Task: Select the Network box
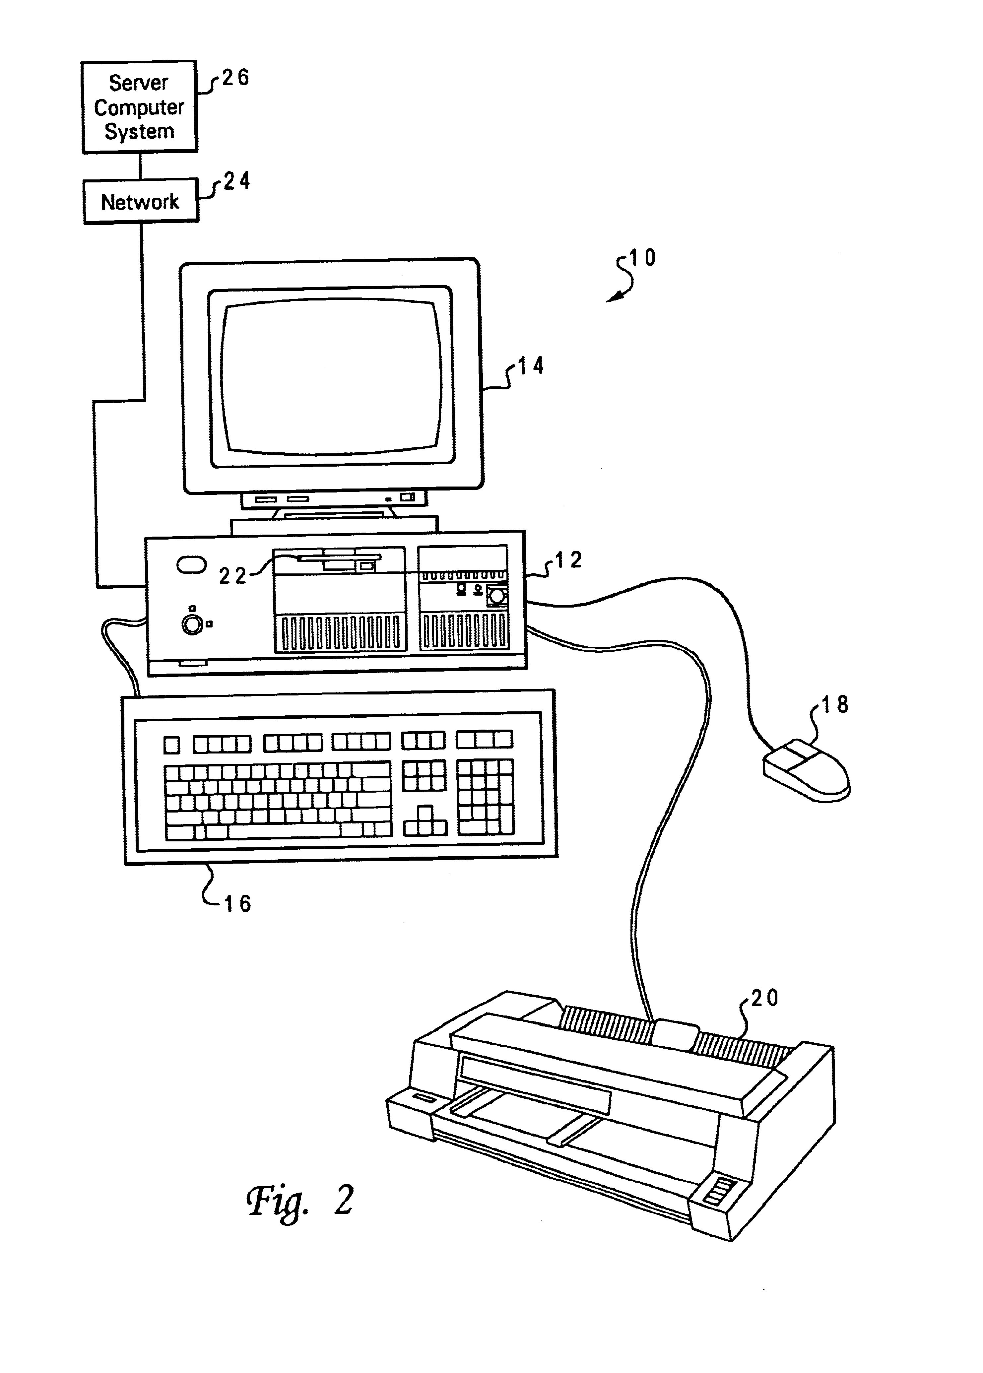[x=140, y=202]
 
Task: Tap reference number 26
[x=235, y=78]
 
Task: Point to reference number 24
[x=237, y=181]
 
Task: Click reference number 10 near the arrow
[x=642, y=258]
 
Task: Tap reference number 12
[x=568, y=560]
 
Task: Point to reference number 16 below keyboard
[x=237, y=904]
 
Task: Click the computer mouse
[x=807, y=771]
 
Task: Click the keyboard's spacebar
[x=282, y=831]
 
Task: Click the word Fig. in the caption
[x=277, y=1201]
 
